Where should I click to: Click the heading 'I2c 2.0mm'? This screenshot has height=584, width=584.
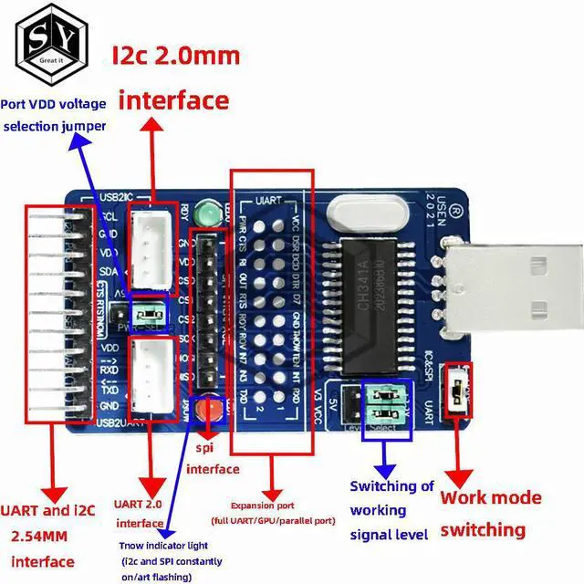point(175,56)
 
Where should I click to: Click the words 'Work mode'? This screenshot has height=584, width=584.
point(491,498)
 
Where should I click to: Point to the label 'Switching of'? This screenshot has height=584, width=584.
point(391,486)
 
